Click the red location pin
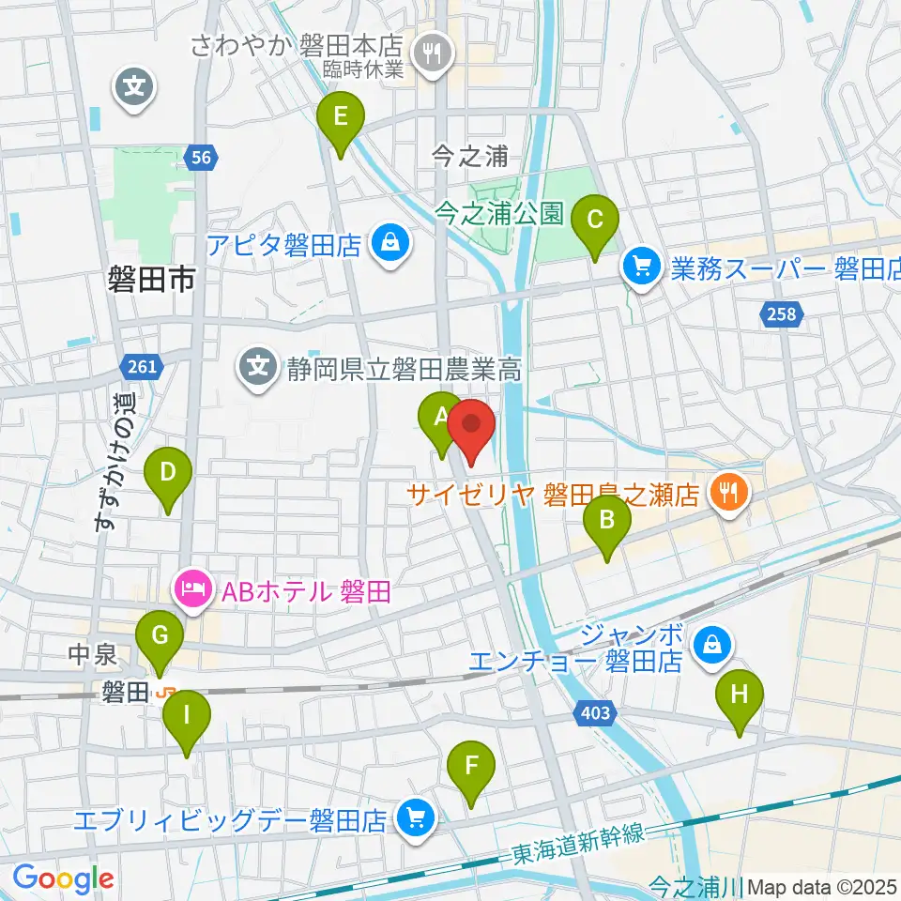471,427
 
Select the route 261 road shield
142,366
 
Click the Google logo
62,878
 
